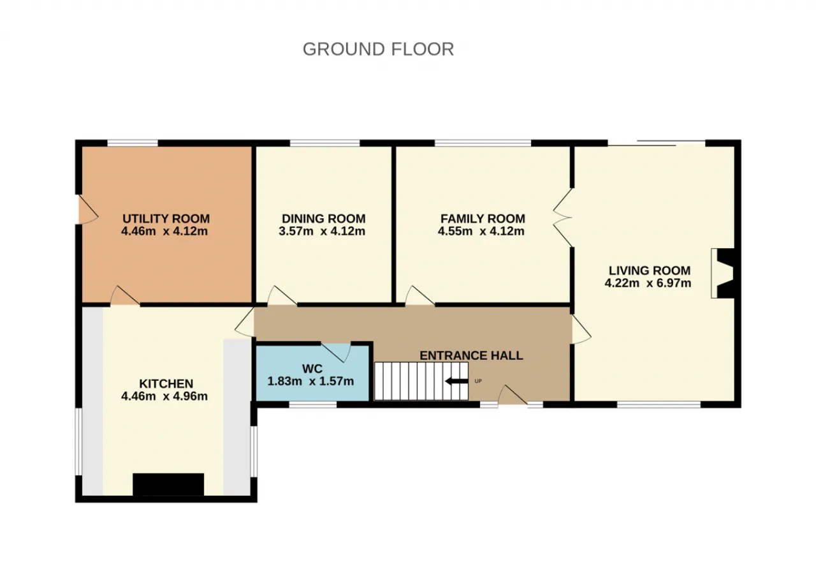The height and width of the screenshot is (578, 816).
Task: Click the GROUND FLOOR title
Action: tap(378, 49)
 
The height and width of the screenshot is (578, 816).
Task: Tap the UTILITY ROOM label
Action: tap(166, 219)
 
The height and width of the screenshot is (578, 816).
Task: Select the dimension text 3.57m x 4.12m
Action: tap(322, 231)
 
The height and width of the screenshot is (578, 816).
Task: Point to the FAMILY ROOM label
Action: tap(483, 219)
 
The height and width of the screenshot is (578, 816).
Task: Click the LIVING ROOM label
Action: tap(650, 270)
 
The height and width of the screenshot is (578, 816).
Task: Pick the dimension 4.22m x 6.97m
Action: tap(648, 283)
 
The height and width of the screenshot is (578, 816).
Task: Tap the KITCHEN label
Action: tap(166, 383)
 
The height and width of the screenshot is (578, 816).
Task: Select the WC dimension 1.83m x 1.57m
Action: tap(310, 382)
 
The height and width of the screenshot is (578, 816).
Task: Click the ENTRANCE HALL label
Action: tap(471, 355)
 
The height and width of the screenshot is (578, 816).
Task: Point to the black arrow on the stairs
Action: tap(456, 382)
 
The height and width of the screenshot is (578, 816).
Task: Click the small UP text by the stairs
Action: tap(478, 382)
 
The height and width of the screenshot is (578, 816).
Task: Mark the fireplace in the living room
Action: tap(722, 273)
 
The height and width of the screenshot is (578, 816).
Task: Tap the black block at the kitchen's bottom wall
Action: tap(168, 484)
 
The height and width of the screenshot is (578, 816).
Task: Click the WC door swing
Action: tap(336, 352)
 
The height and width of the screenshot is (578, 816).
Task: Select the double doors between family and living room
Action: tap(562, 218)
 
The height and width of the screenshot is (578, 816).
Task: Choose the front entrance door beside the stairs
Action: tap(513, 395)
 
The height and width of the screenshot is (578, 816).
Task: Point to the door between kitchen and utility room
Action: tap(125, 295)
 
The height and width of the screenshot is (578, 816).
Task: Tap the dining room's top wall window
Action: tap(324, 143)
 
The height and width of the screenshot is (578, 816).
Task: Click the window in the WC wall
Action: tap(312, 404)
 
